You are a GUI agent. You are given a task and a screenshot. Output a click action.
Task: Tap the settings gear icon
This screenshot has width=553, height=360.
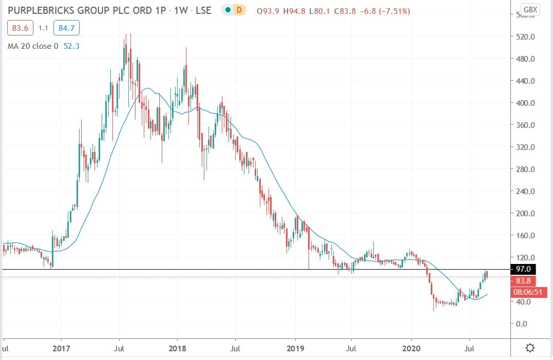(x=530, y=348)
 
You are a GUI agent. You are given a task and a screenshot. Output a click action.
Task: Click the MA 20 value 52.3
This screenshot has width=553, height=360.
(x=70, y=46)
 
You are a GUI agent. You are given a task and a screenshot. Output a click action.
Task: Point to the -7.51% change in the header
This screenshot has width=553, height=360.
(x=394, y=10)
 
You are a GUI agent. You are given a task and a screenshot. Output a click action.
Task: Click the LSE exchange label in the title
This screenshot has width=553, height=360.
(x=203, y=10)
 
